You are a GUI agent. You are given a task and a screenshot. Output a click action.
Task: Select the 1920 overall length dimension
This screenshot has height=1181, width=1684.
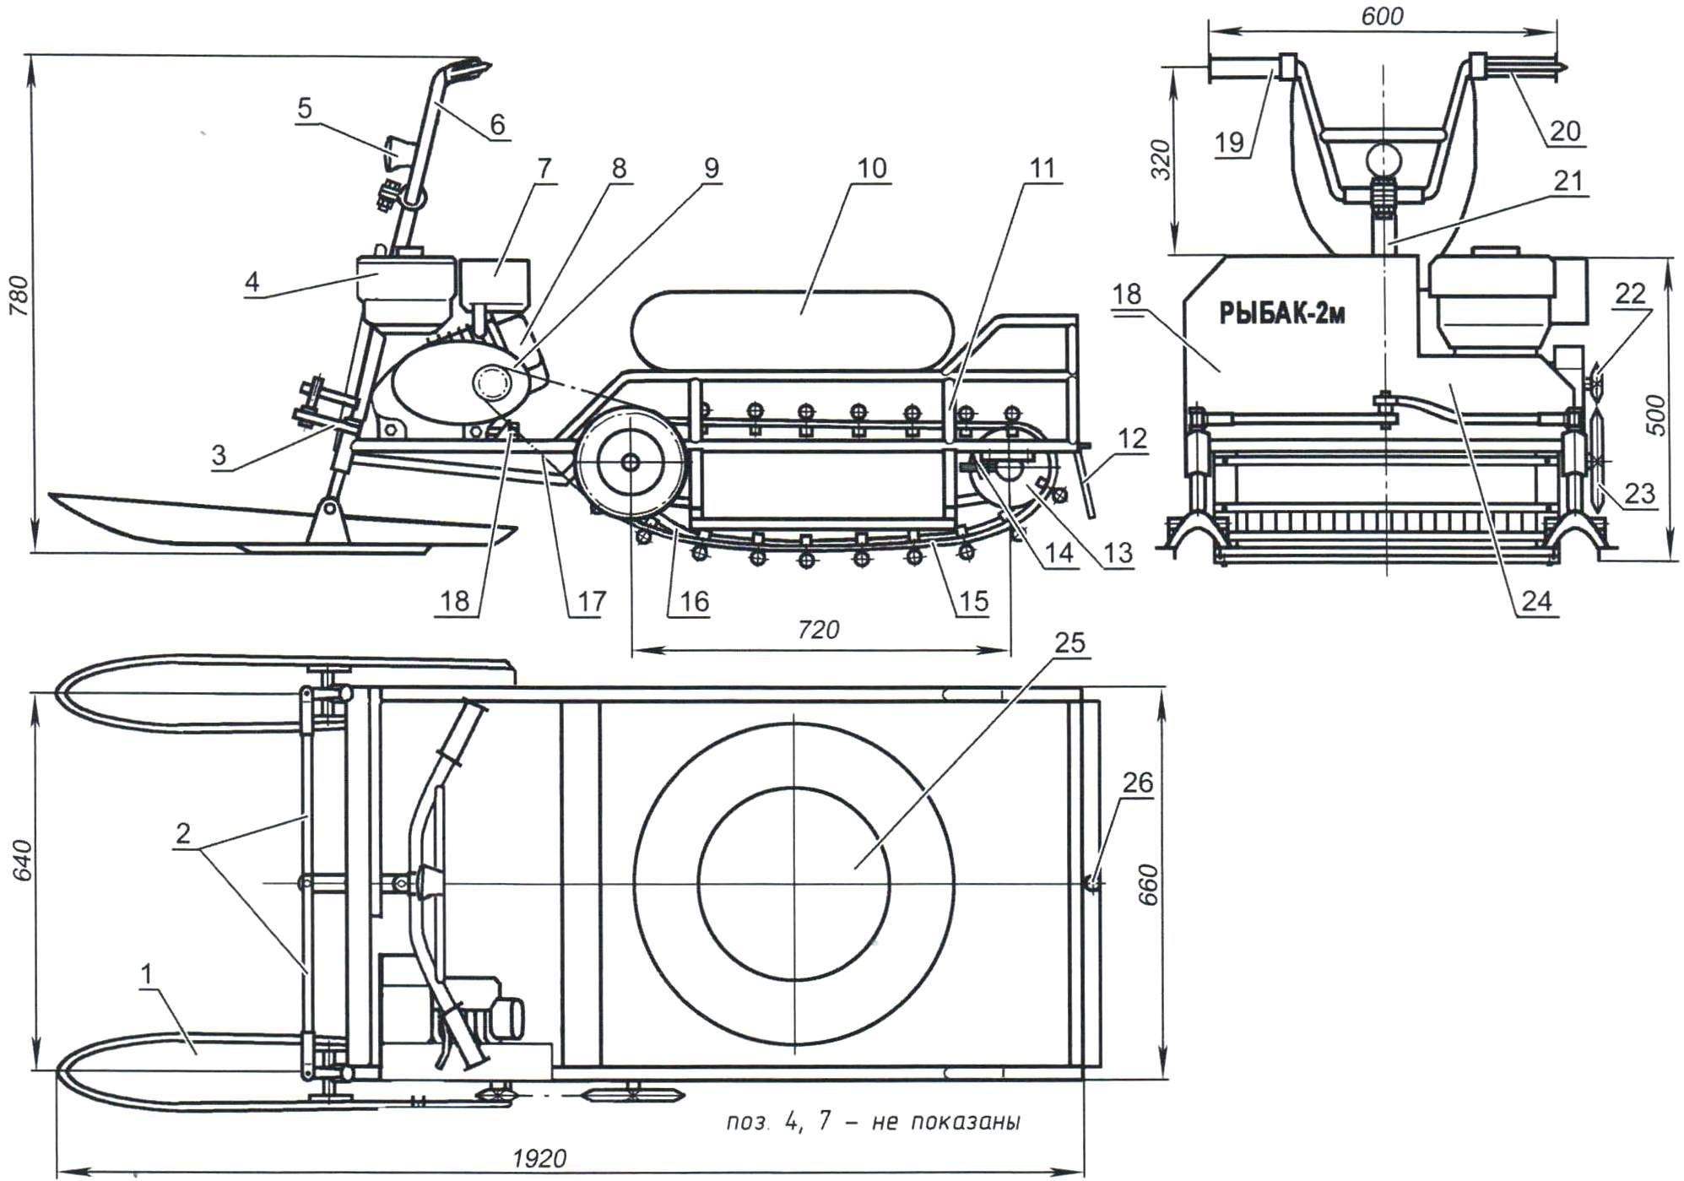[x=539, y=1158]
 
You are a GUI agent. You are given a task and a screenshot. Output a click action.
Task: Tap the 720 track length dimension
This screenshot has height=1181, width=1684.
[x=818, y=629]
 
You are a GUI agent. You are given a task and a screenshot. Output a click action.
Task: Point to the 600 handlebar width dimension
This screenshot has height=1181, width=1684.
[x=1382, y=16]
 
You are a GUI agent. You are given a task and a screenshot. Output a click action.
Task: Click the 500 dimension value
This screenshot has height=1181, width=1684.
[x=1657, y=414]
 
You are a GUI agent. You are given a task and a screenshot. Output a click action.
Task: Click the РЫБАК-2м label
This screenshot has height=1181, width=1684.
[x=1281, y=314]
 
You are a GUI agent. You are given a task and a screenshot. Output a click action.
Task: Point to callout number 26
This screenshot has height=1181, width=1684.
[x=1136, y=783]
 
